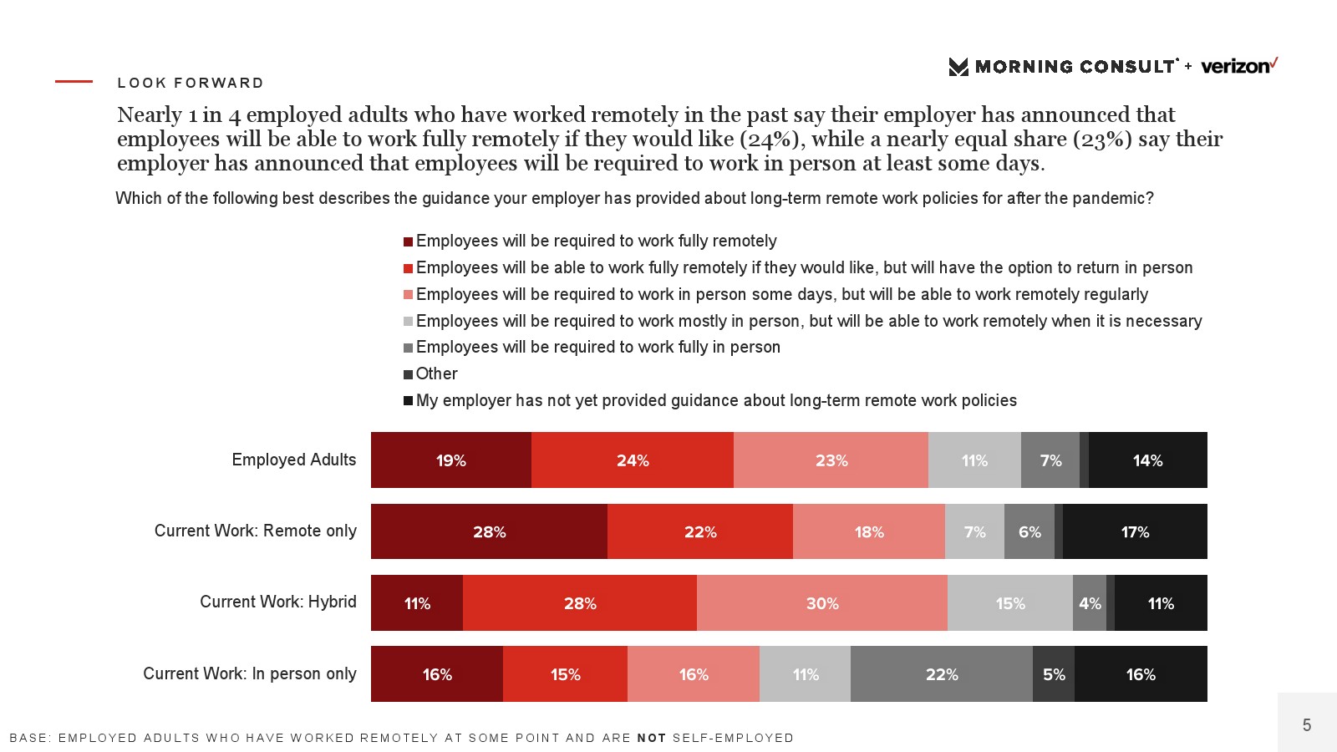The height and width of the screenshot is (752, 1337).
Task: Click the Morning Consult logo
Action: pos(1063,67)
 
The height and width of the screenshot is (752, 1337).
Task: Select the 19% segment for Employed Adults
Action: pos(451,460)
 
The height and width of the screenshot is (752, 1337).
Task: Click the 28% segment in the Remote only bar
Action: pos(489,531)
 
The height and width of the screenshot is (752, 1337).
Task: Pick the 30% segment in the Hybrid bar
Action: pos(822,603)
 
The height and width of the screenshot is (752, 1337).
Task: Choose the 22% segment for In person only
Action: pos(942,674)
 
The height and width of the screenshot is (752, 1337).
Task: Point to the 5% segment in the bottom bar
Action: pos(1054,674)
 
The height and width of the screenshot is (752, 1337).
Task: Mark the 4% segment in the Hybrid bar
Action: pos(1090,603)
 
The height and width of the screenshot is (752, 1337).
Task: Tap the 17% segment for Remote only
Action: pos(1135,531)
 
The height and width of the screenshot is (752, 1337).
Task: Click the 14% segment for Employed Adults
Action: pos(1147,460)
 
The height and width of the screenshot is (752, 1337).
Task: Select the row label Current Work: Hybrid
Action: pos(278,602)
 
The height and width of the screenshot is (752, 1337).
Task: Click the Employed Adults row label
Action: pos(294,460)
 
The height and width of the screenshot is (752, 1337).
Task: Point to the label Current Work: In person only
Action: pos(250,673)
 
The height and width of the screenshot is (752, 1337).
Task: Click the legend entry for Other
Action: pos(437,373)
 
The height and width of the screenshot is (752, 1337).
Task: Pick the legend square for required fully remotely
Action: pos(409,241)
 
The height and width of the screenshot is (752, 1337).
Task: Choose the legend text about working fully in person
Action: pos(598,347)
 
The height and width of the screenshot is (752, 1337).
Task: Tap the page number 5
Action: pos(1307,725)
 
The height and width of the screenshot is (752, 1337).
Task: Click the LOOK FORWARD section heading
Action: pos(191,83)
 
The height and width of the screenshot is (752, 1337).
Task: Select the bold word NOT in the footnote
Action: pos(652,738)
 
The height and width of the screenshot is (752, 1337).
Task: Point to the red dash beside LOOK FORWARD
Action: pos(74,81)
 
